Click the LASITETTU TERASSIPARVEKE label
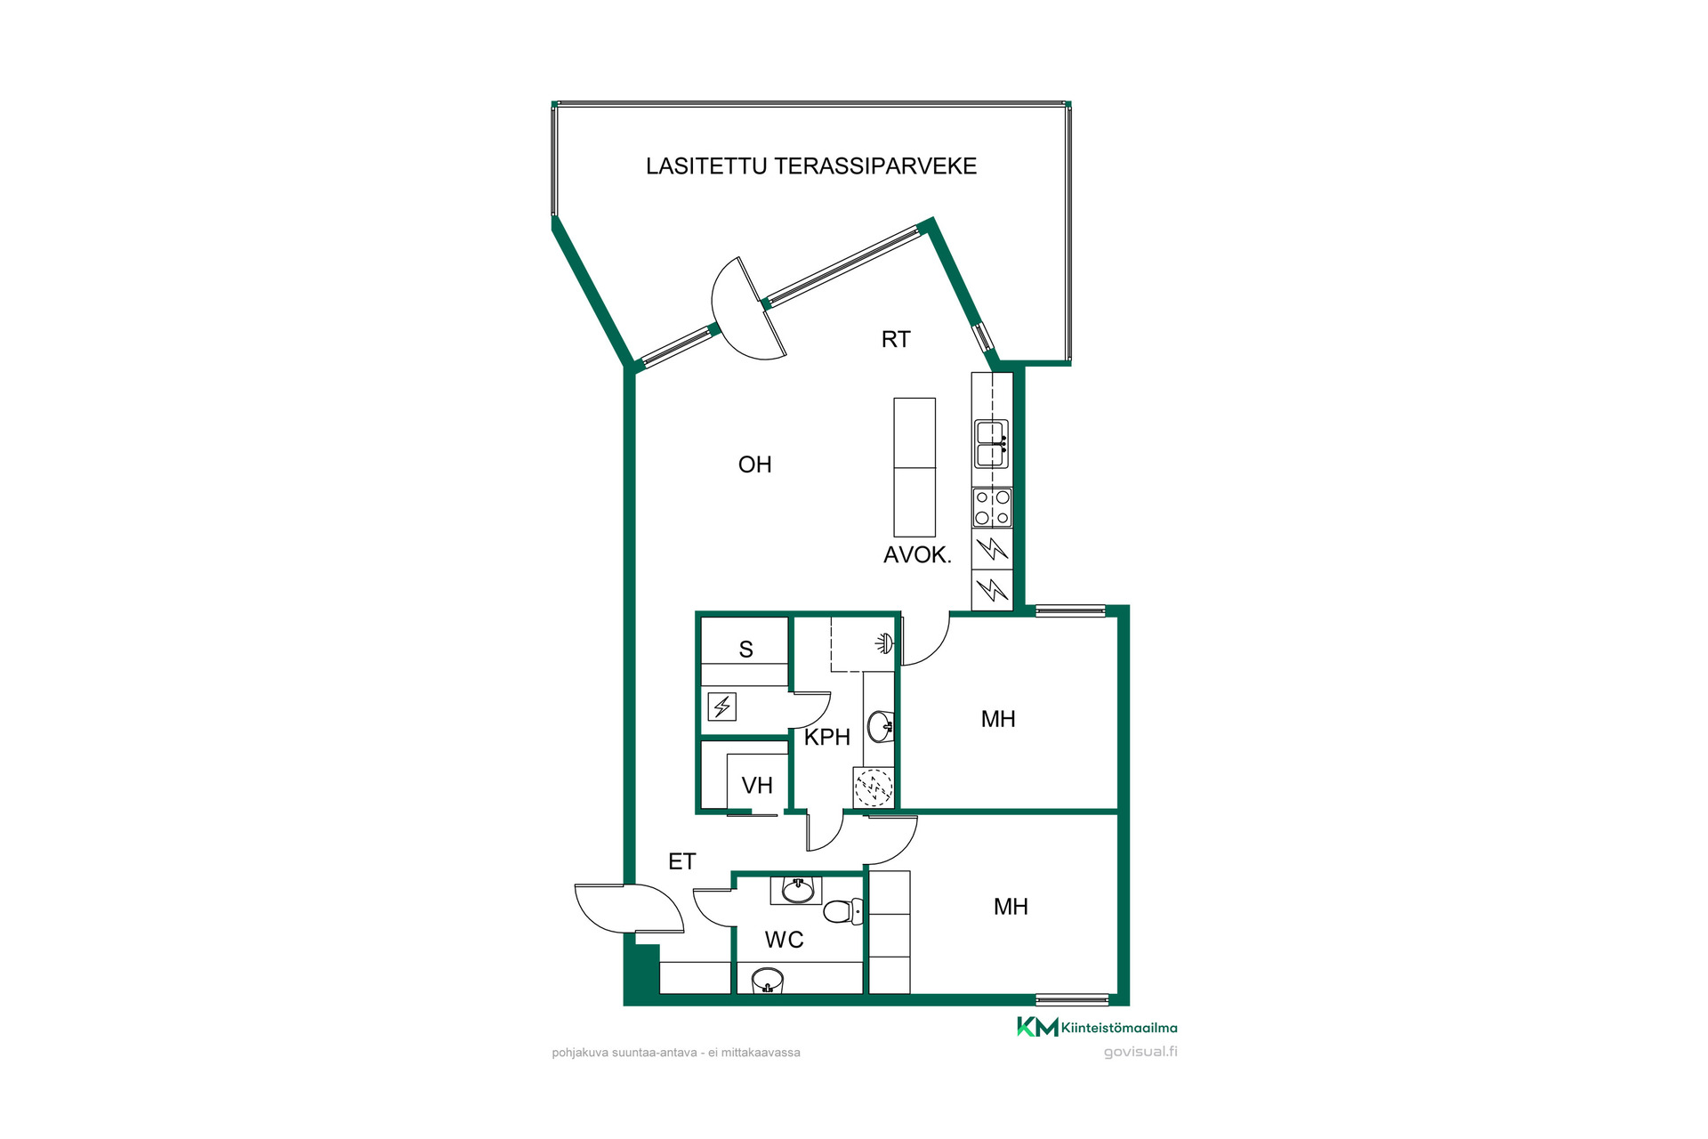click(x=811, y=166)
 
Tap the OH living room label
click(x=755, y=464)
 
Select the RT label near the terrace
click(x=896, y=339)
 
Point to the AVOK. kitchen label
click(x=917, y=555)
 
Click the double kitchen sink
click(x=992, y=444)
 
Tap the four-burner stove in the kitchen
click(x=992, y=507)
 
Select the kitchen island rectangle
click(x=914, y=467)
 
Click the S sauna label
click(x=746, y=650)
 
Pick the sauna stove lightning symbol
click(x=721, y=707)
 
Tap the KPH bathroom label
click(x=827, y=737)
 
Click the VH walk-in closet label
click(x=757, y=786)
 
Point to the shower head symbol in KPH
click(x=884, y=642)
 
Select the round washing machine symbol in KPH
click(x=874, y=787)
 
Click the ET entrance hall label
click(x=682, y=861)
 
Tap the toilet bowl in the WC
click(x=843, y=911)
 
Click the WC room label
click(x=785, y=940)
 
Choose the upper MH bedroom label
click(x=998, y=719)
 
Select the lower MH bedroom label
click(x=1011, y=907)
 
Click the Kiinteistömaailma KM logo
click(x=1097, y=1027)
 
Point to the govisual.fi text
click(x=1140, y=1052)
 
